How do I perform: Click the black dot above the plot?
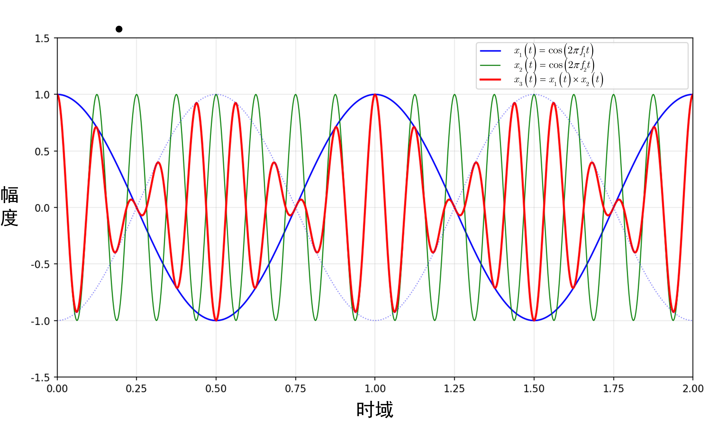119,29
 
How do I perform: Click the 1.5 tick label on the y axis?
42,38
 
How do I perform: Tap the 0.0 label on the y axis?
42,208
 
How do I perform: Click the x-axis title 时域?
375,409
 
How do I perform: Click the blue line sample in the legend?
490,51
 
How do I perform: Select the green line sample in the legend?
490,65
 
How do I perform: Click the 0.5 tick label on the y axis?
42,152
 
